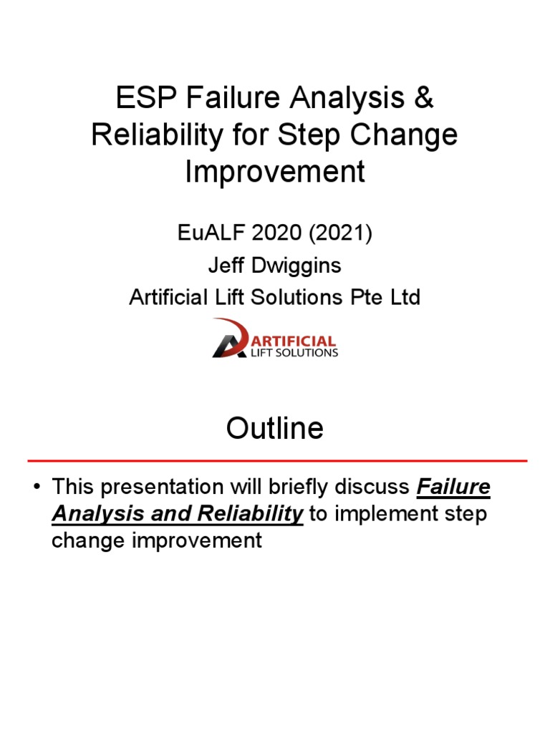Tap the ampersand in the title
(423, 99)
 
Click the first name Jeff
(224, 266)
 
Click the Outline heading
(275, 428)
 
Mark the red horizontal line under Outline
(277, 460)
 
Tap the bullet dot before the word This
(35, 488)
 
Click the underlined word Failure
(453, 488)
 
